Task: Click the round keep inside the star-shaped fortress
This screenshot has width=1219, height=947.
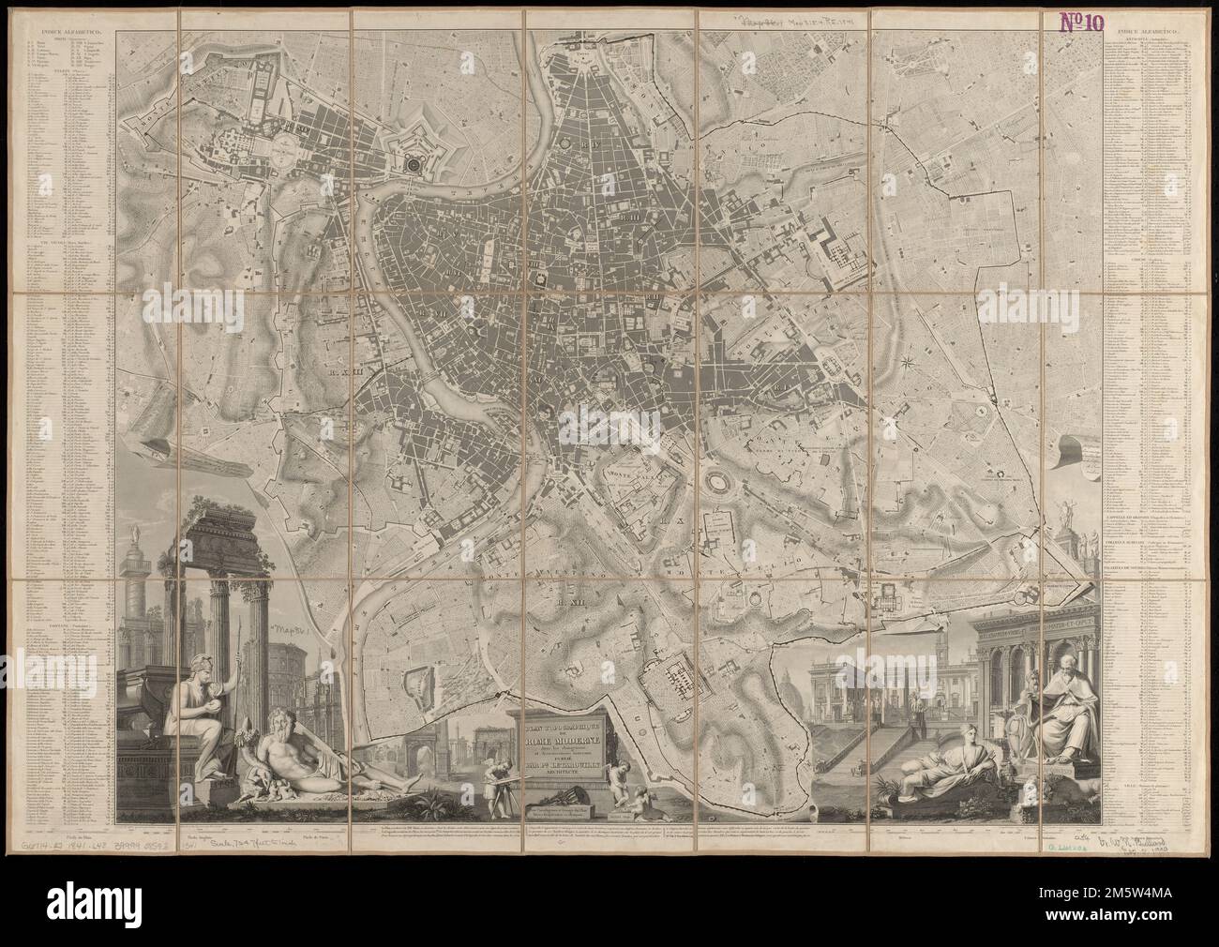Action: click(414, 163)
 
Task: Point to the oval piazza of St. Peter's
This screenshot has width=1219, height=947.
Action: click(287, 145)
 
